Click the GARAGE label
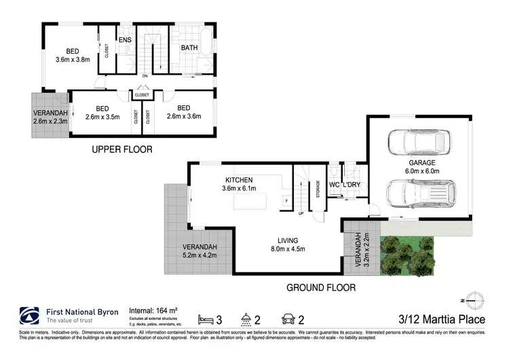[x=421, y=168]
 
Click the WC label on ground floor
[x=334, y=185]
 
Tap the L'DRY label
[x=352, y=185]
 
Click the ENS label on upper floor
[x=125, y=41]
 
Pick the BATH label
[x=189, y=48]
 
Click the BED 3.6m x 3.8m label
[x=72, y=55]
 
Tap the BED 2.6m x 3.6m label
[x=183, y=113]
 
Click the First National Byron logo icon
[x=29, y=316]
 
